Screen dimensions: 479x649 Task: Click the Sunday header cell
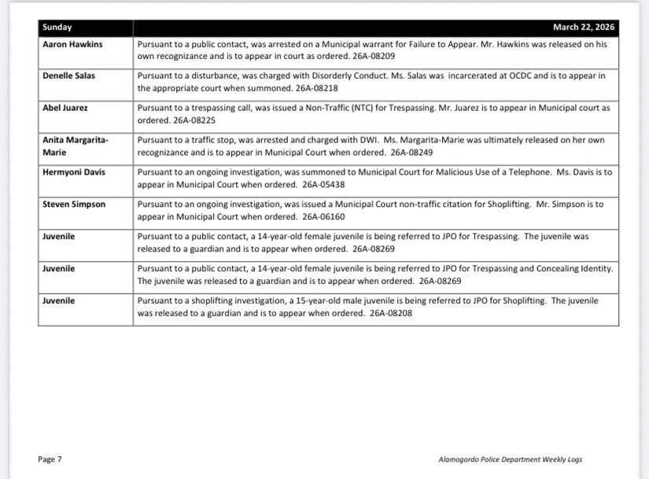pos(57,28)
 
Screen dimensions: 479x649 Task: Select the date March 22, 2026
pos(584,28)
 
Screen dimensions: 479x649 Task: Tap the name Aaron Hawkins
pos(72,45)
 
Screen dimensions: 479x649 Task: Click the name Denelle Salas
pos(70,76)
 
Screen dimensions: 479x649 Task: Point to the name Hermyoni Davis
pos(73,172)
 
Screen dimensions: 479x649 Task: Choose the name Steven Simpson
pos(74,204)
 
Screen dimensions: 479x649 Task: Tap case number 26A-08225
pos(193,120)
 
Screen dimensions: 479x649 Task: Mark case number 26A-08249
pos(411,152)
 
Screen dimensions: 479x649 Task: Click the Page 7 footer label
pos(50,459)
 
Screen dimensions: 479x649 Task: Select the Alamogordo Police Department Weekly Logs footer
pos(510,459)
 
